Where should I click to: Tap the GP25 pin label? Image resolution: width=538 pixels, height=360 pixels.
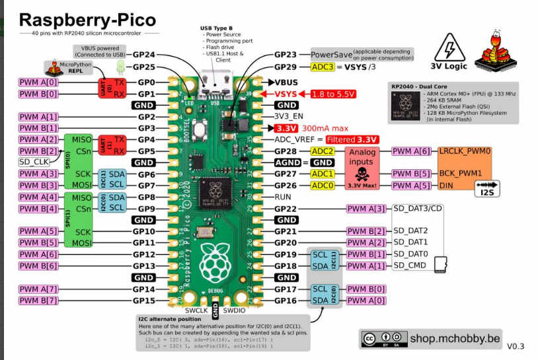point(143,67)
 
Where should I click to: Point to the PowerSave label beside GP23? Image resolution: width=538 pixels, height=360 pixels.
point(330,54)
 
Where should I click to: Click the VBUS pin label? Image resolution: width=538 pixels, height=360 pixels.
point(284,82)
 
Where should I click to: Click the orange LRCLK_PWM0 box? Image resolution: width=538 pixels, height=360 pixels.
point(465,151)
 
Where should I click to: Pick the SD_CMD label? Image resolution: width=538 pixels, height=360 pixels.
point(409,266)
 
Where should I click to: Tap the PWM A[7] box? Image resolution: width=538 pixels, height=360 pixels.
point(39,289)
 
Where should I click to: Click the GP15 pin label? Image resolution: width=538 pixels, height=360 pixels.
point(143,301)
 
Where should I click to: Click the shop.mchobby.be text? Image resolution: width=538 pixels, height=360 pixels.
point(449,338)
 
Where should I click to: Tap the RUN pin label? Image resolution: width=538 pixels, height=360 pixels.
point(283,197)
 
